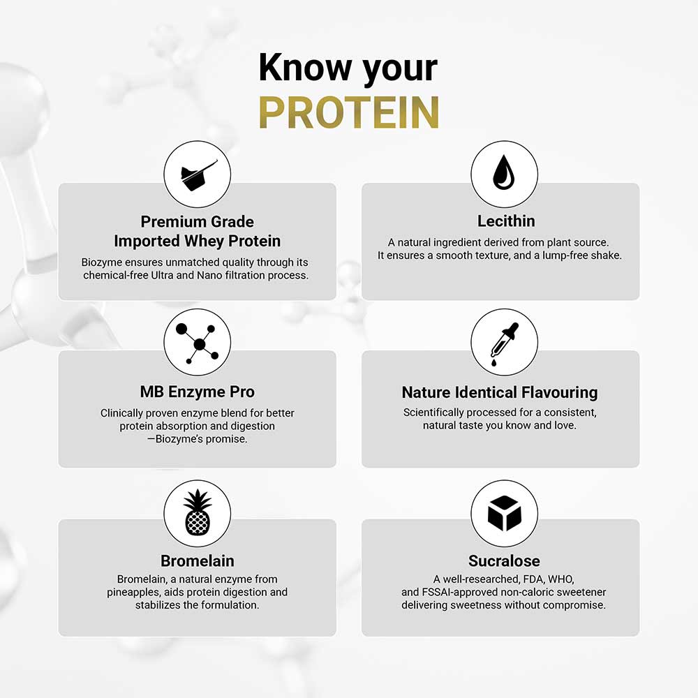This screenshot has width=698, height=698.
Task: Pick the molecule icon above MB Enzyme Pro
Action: click(197, 342)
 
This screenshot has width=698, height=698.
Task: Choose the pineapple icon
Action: click(197, 512)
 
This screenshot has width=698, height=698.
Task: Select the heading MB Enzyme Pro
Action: click(197, 392)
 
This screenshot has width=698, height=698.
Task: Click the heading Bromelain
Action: click(197, 561)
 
